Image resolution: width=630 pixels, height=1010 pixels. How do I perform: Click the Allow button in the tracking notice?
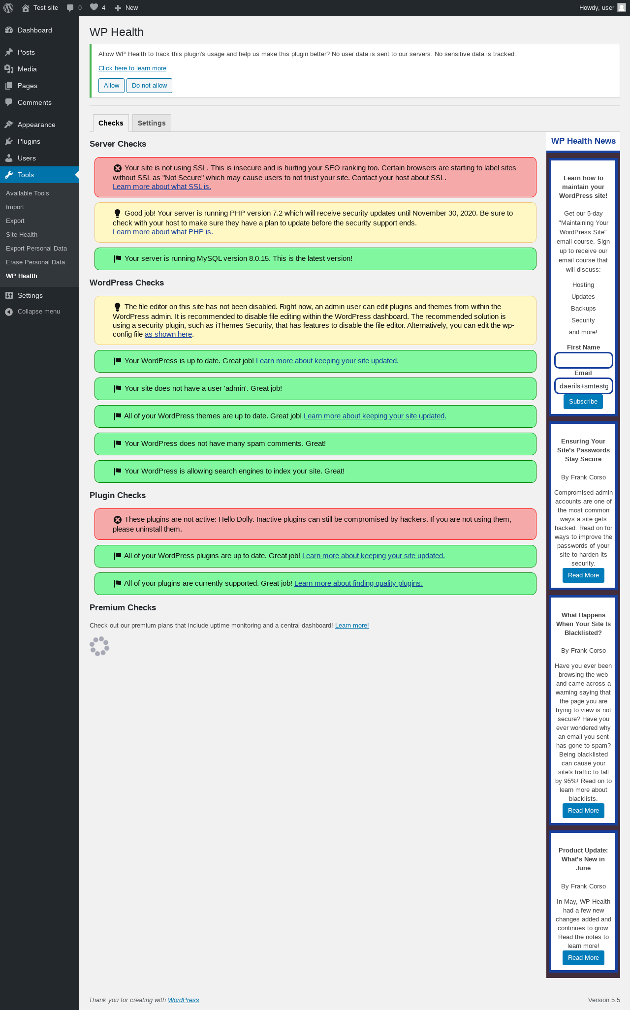click(x=111, y=86)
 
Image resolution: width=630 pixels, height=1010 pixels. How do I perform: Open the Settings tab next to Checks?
click(x=152, y=123)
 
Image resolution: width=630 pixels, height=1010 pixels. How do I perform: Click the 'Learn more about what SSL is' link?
click(x=162, y=187)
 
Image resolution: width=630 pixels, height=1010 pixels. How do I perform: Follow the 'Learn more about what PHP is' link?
click(x=163, y=232)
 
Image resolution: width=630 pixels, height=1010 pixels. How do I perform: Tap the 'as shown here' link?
click(x=168, y=334)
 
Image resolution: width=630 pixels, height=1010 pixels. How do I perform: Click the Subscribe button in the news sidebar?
click(x=583, y=402)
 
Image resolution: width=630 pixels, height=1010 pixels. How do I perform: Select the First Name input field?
click(x=583, y=360)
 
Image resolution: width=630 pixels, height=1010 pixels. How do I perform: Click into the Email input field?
click(x=583, y=386)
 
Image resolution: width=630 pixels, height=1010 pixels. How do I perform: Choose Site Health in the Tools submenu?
click(x=22, y=235)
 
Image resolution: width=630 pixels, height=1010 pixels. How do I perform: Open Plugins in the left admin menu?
click(x=29, y=141)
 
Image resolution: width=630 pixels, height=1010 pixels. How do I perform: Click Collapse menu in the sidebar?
click(x=39, y=312)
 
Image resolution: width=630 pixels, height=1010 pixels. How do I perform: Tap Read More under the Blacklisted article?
click(x=583, y=811)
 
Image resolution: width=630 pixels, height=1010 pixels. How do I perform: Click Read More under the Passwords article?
click(x=583, y=575)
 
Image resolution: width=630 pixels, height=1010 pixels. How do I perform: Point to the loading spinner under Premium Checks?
click(x=99, y=646)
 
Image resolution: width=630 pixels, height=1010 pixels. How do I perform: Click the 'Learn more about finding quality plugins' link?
click(x=358, y=583)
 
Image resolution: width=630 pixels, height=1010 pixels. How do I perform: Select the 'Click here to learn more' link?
click(x=132, y=68)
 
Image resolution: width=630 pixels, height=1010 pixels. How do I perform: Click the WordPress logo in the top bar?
click(x=8, y=8)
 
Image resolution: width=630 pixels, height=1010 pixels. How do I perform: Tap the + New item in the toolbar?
click(x=126, y=8)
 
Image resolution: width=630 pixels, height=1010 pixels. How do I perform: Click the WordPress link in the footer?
click(x=183, y=1000)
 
